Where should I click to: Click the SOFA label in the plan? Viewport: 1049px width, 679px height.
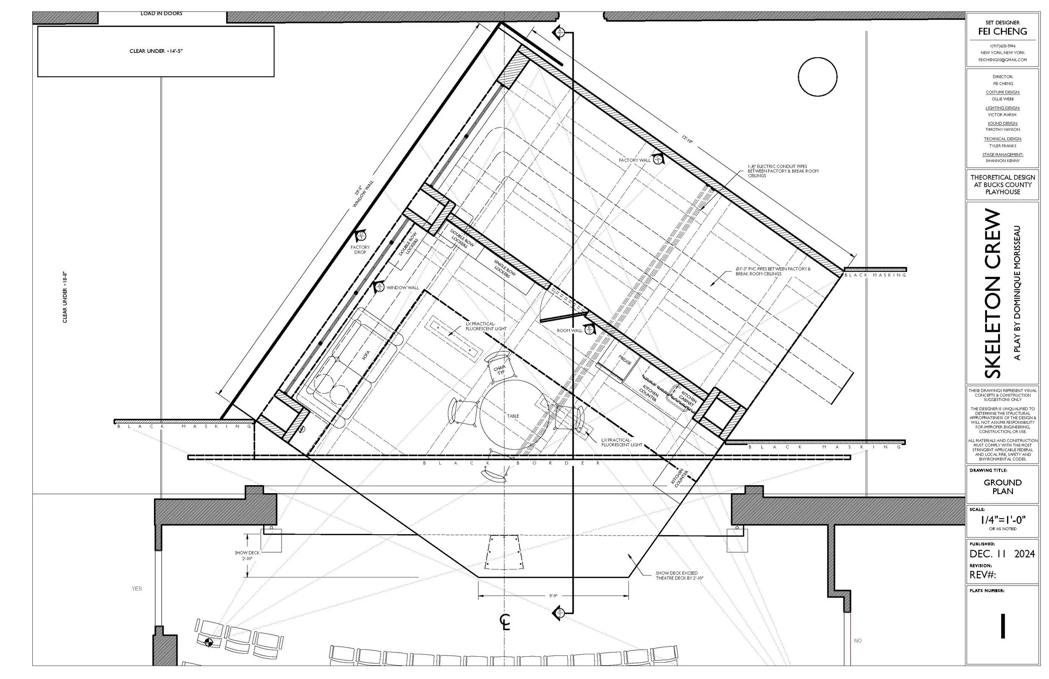coord(365,355)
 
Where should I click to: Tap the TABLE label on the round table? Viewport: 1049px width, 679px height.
coord(513,416)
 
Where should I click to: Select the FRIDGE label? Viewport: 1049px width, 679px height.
coord(624,360)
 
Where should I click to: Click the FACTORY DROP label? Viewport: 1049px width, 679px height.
coord(360,250)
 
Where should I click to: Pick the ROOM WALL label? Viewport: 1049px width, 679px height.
coord(569,330)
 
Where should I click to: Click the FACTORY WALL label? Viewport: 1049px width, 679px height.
coord(634,160)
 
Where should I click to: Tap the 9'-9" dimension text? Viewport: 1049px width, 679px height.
coord(553,595)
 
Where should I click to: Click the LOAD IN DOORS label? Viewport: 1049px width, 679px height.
coord(161,14)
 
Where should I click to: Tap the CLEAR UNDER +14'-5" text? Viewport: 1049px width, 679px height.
coord(156,51)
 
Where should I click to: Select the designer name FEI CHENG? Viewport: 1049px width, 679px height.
coord(1002,31)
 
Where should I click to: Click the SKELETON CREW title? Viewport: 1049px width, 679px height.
coord(993,293)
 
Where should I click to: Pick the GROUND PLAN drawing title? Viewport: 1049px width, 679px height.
coord(1002,487)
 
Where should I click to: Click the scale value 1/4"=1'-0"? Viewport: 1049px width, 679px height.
coord(1002,520)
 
